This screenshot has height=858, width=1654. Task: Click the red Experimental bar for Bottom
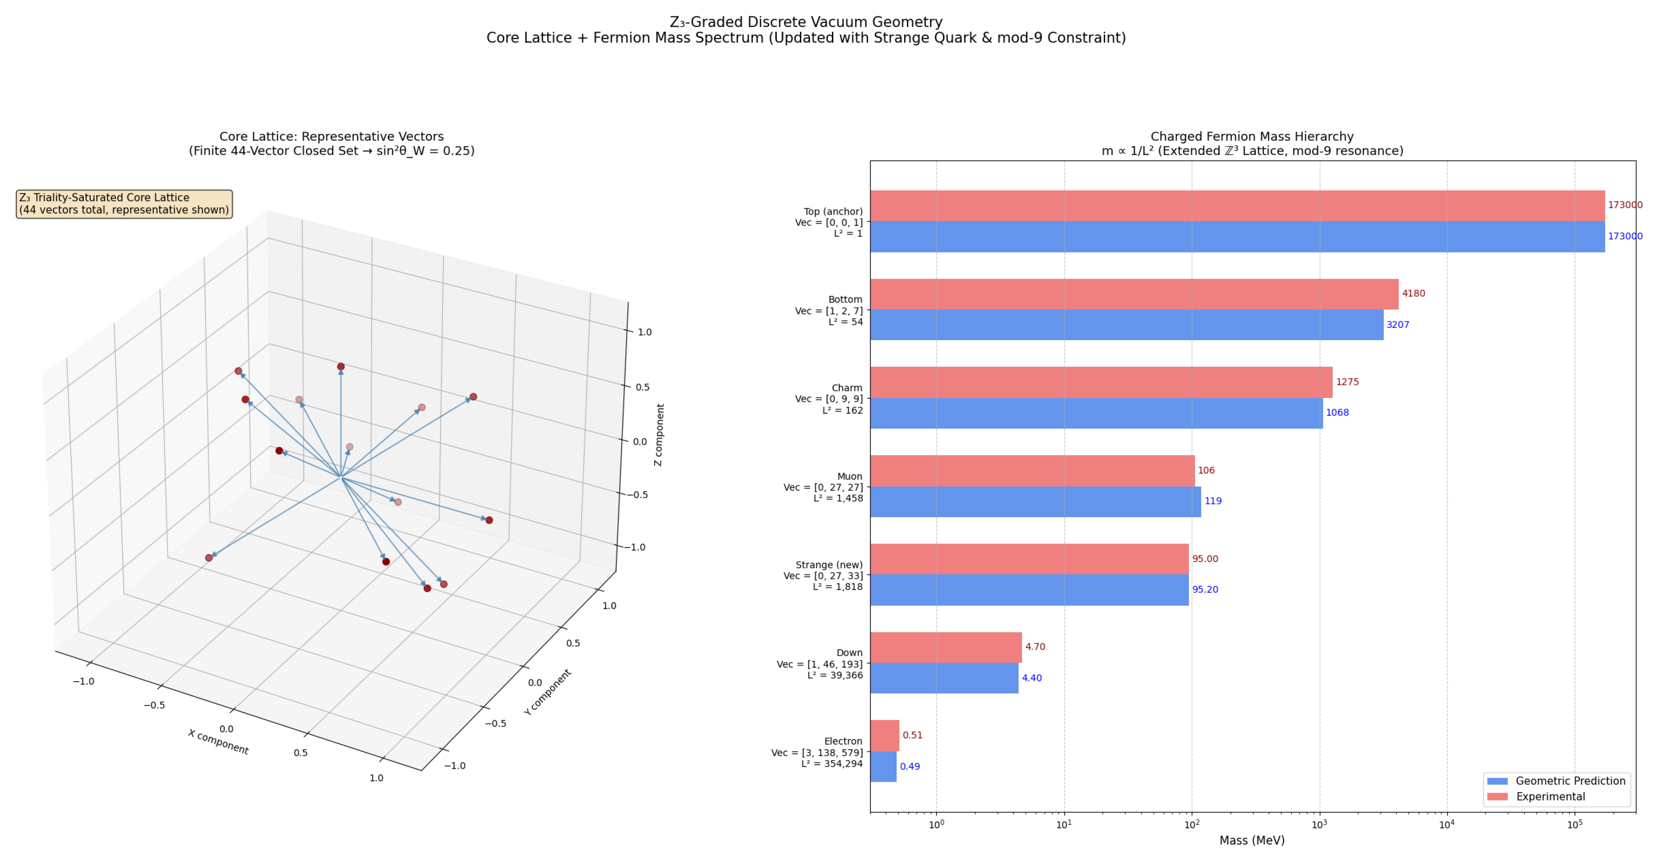[1134, 294]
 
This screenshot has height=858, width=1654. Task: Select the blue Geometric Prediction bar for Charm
[1096, 413]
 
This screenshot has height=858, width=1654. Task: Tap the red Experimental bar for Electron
[885, 735]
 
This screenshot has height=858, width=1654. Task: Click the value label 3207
[1398, 325]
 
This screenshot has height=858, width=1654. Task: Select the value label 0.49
[910, 766]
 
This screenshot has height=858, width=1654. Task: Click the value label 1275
[1347, 382]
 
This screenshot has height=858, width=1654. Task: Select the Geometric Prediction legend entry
[1556, 781]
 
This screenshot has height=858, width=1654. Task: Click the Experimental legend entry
[1536, 796]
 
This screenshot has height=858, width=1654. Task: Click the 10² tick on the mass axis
[1192, 825]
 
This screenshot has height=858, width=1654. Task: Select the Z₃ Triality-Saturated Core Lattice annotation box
[124, 204]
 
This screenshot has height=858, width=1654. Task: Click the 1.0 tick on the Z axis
[645, 332]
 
